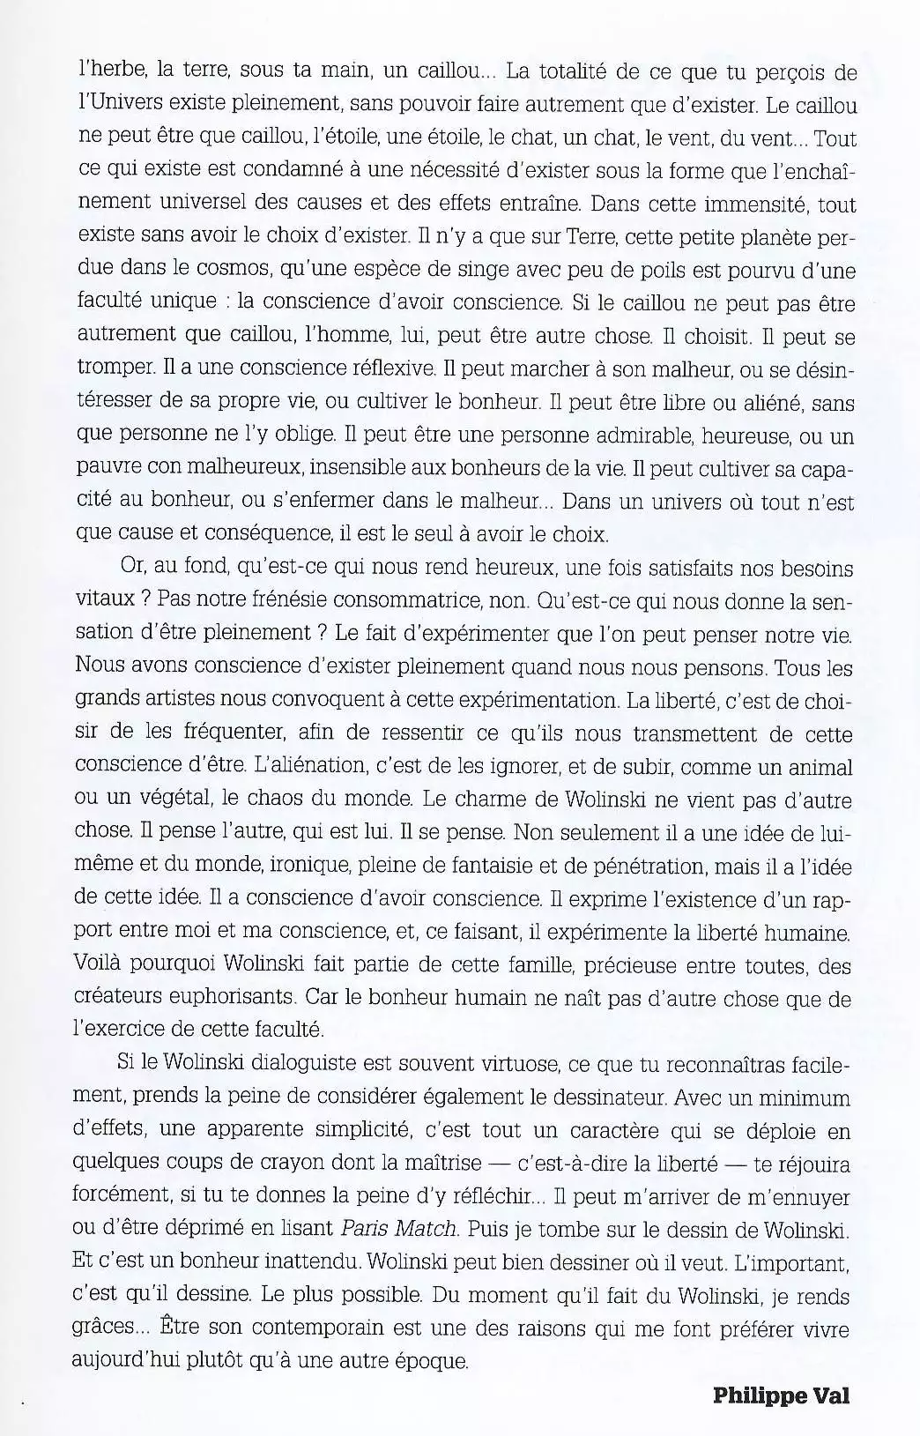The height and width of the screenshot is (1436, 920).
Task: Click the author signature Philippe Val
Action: click(781, 1396)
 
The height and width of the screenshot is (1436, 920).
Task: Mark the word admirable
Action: click(609, 436)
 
